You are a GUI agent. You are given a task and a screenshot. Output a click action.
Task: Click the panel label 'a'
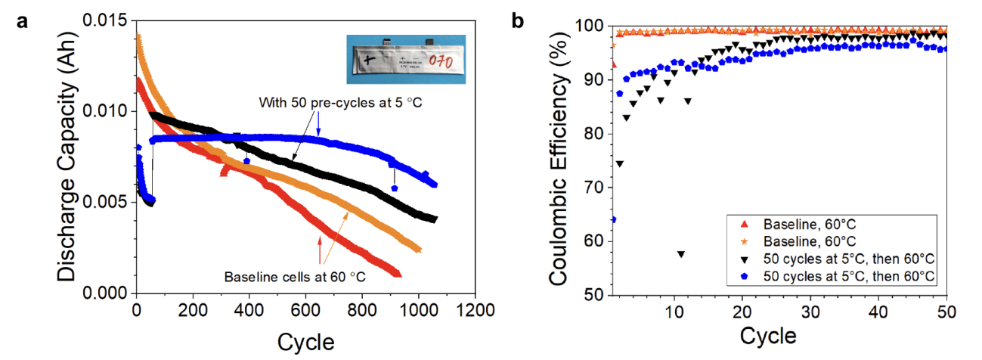(x=23, y=22)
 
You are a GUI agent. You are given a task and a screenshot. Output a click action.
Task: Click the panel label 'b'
(x=518, y=21)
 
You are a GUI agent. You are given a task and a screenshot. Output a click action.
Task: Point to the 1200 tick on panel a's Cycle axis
(x=476, y=310)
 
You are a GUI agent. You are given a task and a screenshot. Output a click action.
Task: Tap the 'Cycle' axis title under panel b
(x=767, y=335)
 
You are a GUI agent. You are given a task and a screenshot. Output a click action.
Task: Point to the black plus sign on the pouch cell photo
(x=369, y=59)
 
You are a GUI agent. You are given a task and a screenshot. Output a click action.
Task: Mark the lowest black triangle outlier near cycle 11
(x=681, y=254)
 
